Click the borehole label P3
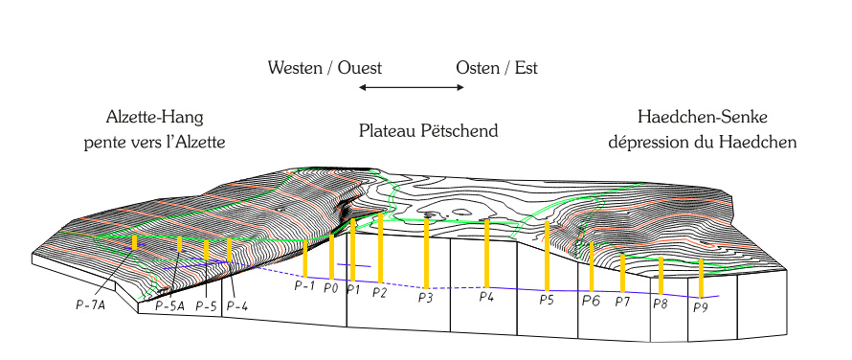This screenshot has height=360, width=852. (x=426, y=298)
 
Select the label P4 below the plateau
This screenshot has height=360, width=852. (x=487, y=297)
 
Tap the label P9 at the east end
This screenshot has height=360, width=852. (x=701, y=307)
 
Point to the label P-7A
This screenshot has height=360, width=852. (x=90, y=304)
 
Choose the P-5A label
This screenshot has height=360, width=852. (x=169, y=306)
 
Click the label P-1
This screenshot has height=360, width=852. (x=304, y=285)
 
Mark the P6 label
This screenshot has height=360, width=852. (x=591, y=301)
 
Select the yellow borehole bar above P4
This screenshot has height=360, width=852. (x=487, y=252)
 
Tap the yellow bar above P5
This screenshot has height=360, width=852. (x=547, y=255)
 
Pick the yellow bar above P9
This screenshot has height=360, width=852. (x=702, y=278)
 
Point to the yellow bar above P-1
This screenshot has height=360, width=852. (x=305, y=259)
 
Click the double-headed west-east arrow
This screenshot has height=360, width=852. (x=412, y=88)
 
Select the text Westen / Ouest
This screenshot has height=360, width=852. (x=325, y=68)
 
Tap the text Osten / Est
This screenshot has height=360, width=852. (x=497, y=68)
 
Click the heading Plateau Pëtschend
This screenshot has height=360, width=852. (x=429, y=130)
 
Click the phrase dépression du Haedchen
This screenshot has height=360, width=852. (x=703, y=142)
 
